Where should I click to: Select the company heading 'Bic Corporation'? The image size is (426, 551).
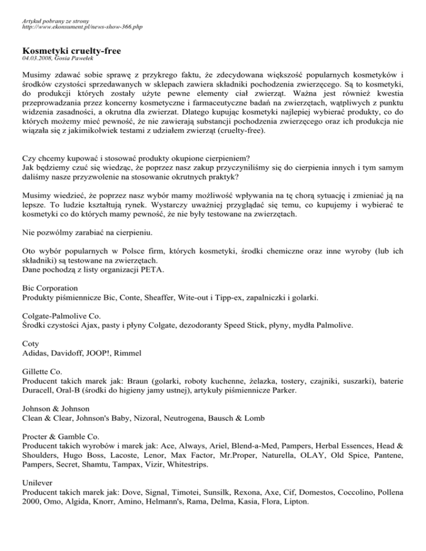pos(50,288)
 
